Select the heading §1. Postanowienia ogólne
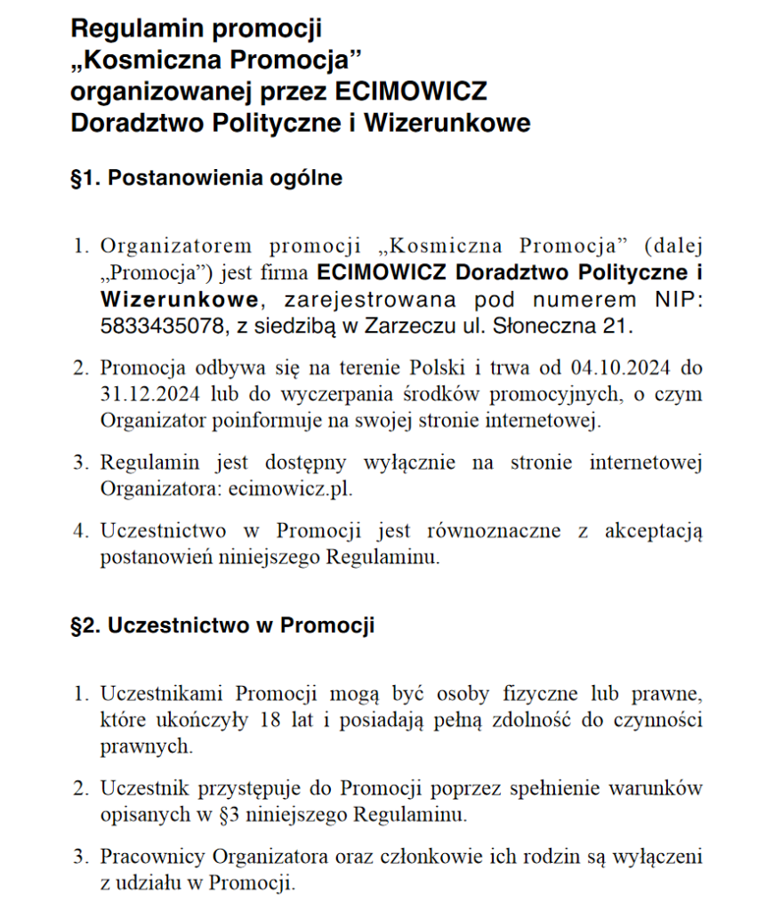(206, 178)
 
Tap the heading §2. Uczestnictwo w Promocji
(222, 625)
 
